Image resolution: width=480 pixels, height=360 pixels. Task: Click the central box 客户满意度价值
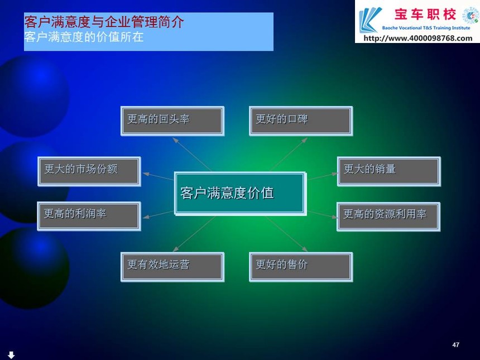pyautogui.click(x=241, y=194)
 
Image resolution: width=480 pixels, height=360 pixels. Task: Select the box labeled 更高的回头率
pyautogui.click(x=172, y=121)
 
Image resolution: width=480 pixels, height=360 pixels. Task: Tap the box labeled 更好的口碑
pyautogui.click(x=301, y=121)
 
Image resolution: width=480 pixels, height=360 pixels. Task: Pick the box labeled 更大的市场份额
pyautogui.click(x=89, y=171)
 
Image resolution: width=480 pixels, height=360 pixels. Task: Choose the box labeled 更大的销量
pyautogui.click(x=389, y=171)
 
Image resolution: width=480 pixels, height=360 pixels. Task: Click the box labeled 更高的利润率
pyautogui.click(x=89, y=216)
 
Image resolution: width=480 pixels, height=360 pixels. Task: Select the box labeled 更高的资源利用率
pyautogui.click(x=388, y=217)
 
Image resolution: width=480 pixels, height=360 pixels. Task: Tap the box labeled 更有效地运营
pyautogui.click(x=172, y=267)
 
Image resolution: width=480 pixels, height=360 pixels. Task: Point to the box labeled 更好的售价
pyautogui.click(x=301, y=267)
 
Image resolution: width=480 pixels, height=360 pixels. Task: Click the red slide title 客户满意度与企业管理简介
pyautogui.click(x=104, y=22)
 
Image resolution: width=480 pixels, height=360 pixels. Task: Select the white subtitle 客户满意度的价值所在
pyautogui.click(x=84, y=37)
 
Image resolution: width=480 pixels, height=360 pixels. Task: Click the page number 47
pyautogui.click(x=456, y=345)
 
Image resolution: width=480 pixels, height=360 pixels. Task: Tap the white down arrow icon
pyautogui.click(x=11, y=355)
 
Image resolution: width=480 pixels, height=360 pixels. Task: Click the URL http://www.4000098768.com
pyautogui.click(x=418, y=39)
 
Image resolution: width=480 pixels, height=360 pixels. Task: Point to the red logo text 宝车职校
pyautogui.click(x=425, y=15)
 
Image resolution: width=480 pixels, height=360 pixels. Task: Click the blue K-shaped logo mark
pyautogui.click(x=370, y=20)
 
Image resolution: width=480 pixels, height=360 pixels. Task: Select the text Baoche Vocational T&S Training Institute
pyautogui.click(x=426, y=28)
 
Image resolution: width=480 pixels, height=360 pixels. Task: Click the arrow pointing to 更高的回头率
pyautogui.click(x=191, y=154)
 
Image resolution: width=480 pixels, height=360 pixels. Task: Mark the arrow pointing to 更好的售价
pyautogui.click(x=286, y=234)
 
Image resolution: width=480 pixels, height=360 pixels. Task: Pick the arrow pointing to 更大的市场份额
pyautogui.click(x=159, y=176)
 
